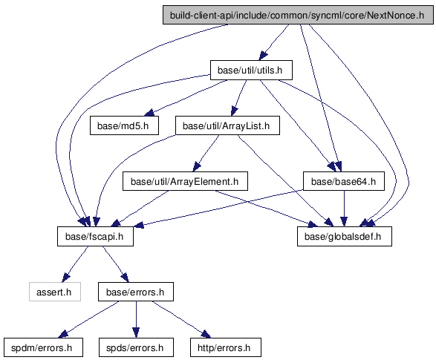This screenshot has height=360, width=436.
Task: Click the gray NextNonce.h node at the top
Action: pos(298,15)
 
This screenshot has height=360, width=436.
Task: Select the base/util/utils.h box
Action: pos(251,70)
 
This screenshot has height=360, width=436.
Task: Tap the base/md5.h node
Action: pos(124,125)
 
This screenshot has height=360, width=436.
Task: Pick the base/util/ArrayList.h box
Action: pos(227,125)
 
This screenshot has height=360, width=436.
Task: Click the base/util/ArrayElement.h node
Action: pos(185,181)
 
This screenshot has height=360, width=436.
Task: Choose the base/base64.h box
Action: pos(344,181)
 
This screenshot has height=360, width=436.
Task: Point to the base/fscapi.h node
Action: pos(95,236)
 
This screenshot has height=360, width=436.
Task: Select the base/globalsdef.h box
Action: pos(345,236)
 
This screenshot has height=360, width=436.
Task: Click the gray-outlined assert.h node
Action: pos(55,292)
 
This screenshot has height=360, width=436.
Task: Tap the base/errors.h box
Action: pos(136,292)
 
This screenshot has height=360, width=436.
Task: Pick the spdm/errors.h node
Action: pos(43,347)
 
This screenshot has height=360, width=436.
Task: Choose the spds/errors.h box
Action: pos(136,347)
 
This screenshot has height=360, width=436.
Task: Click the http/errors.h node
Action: pos(226,347)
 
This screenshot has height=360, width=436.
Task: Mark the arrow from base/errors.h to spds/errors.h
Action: pos(136,319)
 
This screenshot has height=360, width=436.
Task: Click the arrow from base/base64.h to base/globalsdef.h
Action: pos(344,209)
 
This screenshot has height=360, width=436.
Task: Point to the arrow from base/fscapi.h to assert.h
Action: pos(76,264)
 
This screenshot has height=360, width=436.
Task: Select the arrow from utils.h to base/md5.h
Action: pos(186,98)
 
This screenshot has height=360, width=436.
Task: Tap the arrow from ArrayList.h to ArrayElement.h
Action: pos(205,154)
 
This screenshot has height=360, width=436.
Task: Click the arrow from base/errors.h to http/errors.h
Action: pos(181,319)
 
